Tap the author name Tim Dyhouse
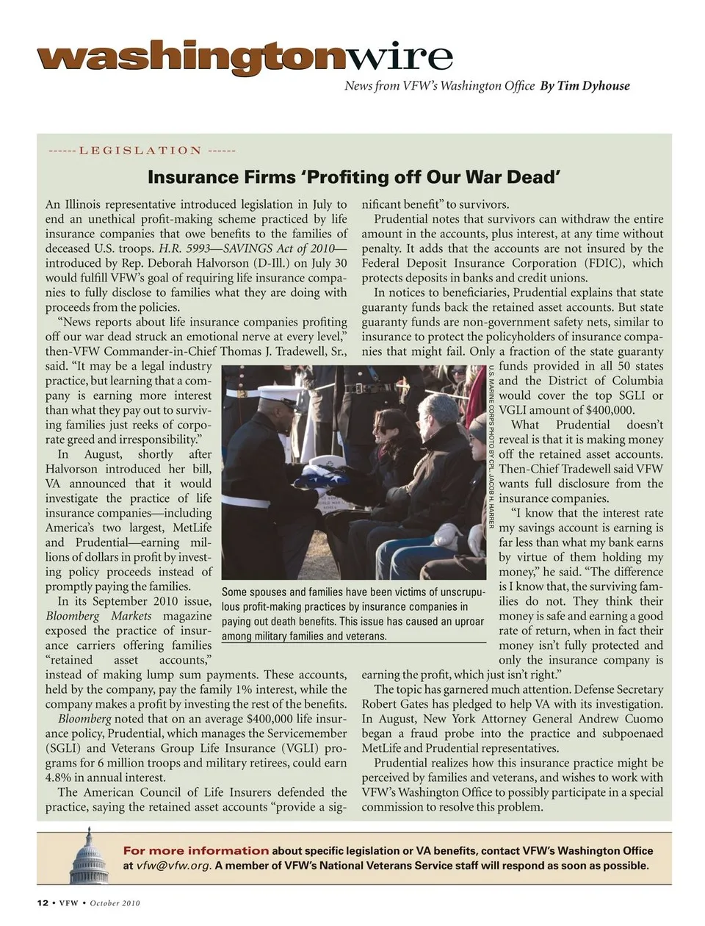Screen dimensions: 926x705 pyautogui.click(x=585, y=86)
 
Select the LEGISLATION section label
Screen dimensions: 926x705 pyautogui.click(x=140, y=151)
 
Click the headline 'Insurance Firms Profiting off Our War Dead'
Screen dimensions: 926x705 pyautogui.click(x=354, y=177)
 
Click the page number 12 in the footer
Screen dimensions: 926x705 pyautogui.click(x=43, y=903)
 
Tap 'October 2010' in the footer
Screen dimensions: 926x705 pyautogui.click(x=115, y=903)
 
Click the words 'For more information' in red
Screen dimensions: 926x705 pyautogui.click(x=196, y=851)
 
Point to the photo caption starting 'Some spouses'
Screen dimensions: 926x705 pyautogui.click(x=352, y=614)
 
